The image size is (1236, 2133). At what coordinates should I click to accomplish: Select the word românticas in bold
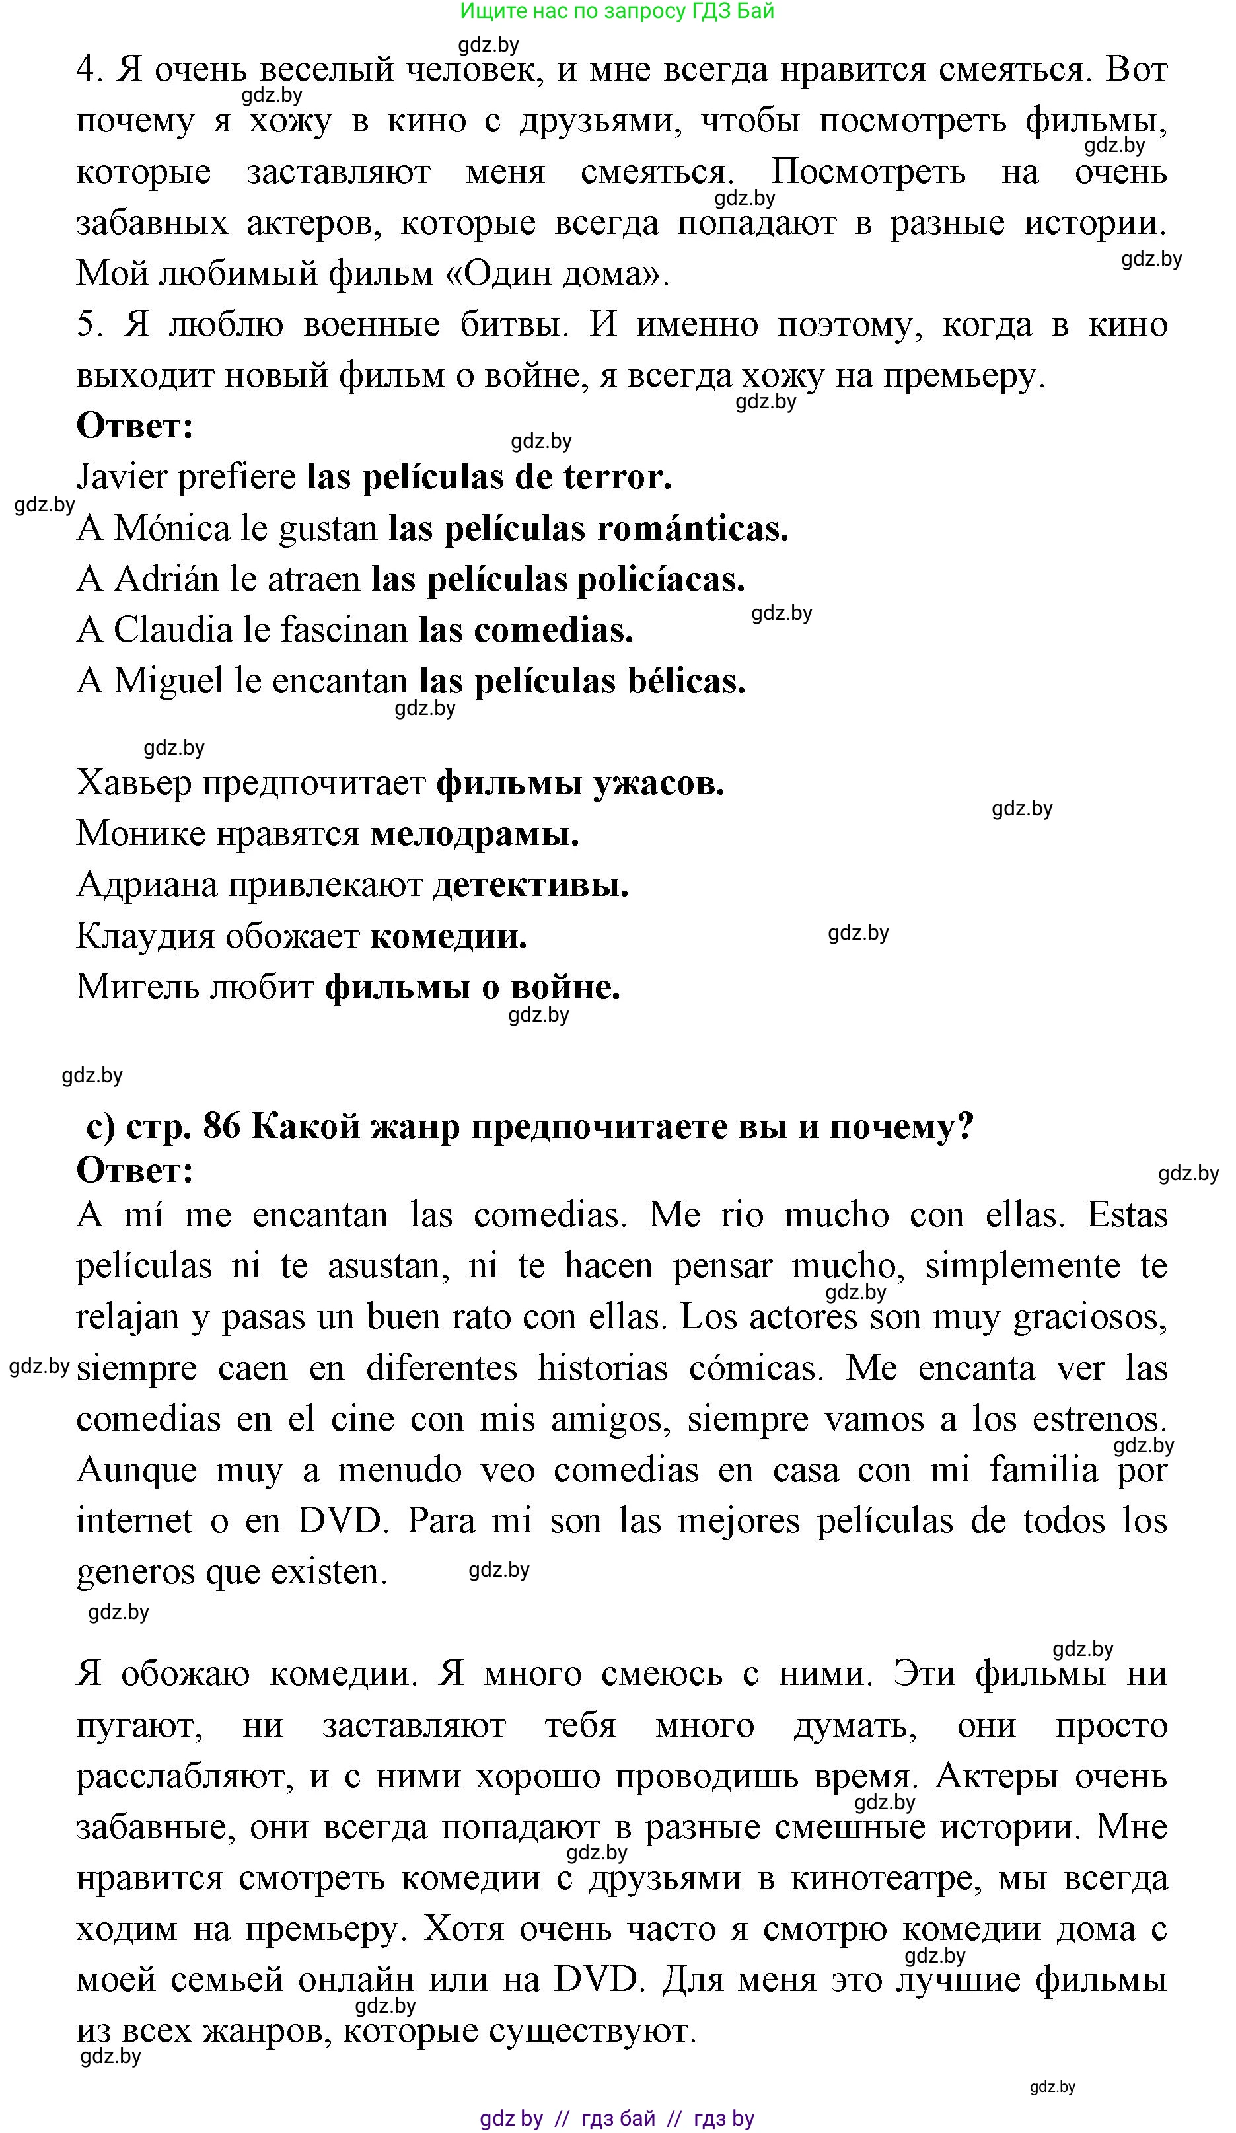pos(693,529)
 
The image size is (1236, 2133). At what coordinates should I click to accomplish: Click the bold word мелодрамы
pos(474,835)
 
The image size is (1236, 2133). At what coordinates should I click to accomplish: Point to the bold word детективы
pos(530,886)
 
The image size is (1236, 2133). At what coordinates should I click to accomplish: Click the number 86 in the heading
pos(222,1127)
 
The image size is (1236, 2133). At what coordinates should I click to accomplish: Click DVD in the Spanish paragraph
pos(341,1521)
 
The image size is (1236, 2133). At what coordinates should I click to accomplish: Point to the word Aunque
pos(136,1470)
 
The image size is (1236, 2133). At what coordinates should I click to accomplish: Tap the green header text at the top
pos(617,11)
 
